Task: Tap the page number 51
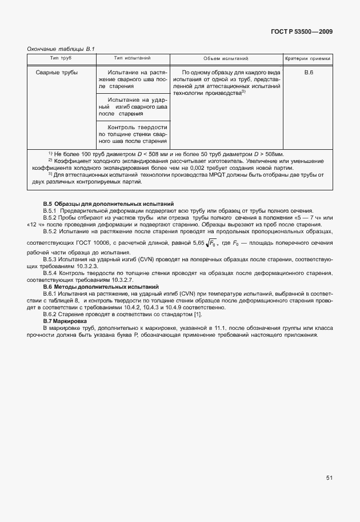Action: (x=330, y=478)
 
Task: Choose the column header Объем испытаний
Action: (x=226, y=59)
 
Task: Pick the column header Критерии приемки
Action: (x=308, y=59)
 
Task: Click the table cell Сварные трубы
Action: (x=57, y=73)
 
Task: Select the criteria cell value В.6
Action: (x=308, y=73)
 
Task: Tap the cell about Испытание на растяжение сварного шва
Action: (x=133, y=79)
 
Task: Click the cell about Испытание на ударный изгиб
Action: (x=133, y=107)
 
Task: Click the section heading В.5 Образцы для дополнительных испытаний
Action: (x=109, y=204)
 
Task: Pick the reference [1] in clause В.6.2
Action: (x=198, y=314)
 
